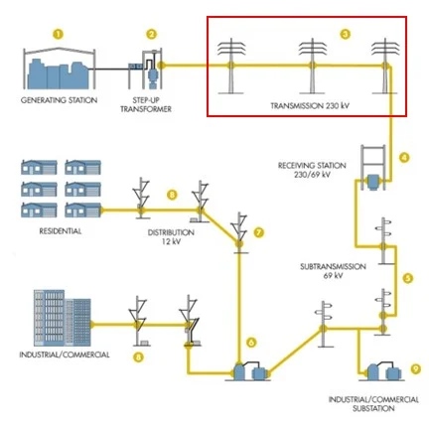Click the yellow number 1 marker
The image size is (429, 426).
click(x=59, y=34)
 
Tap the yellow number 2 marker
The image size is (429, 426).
click(x=152, y=34)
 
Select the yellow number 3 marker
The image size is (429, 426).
click(x=346, y=34)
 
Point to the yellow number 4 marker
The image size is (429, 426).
click(x=404, y=158)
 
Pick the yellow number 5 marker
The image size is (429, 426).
click(x=408, y=278)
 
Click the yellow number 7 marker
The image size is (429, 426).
click(x=259, y=232)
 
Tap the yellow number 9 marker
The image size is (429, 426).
click(x=416, y=368)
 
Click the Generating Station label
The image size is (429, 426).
click(x=60, y=100)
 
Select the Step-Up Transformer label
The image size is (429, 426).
click(x=146, y=104)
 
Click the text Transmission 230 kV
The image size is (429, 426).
click(x=310, y=106)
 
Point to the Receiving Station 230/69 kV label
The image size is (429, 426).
click(x=312, y=170)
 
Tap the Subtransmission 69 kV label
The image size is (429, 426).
click(x=333, y=271)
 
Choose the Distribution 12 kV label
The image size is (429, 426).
click(x=171, y=237)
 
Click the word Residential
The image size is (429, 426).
click(x=61, y=231)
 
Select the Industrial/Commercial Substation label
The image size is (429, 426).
click(x=373, y=404)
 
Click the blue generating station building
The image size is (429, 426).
click(x=59, y=74)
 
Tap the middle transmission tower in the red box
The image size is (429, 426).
click(x=313, y=66)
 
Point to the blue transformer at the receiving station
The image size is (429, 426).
click(x=373, y=183)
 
